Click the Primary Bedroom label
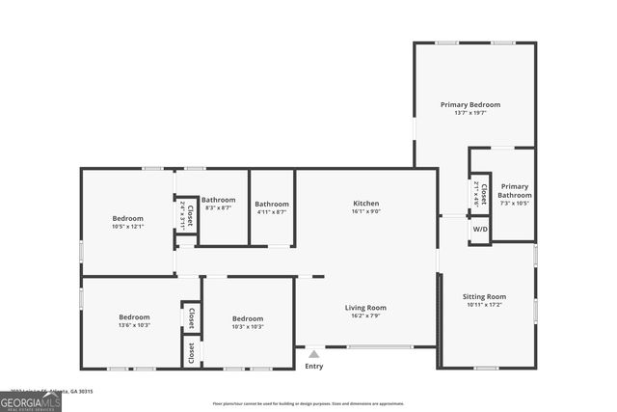(470, 104)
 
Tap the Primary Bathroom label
(514, 190)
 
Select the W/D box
(479, 230)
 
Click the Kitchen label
(366, 204)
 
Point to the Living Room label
(366, 308)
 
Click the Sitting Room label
(484, 297)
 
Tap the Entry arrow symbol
(313, 354)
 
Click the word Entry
(313, 366)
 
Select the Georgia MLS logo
(31, 400)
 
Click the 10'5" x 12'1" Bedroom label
(127, 219)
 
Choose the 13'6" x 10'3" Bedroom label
(134, 317)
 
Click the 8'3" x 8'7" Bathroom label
(219, 200)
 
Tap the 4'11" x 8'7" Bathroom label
(272, 204)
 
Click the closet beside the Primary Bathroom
(480, 196)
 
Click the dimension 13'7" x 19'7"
(470, 113)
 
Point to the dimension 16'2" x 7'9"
(366, 316)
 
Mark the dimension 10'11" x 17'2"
(484, 305)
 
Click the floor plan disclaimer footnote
(308, 403)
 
